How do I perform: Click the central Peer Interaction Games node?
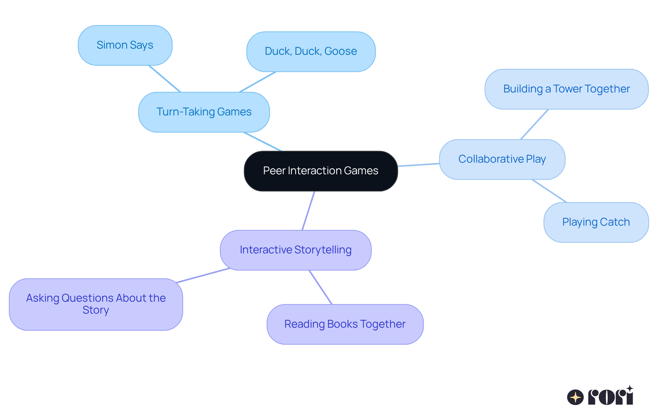point(320,171)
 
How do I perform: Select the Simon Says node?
point(125,45)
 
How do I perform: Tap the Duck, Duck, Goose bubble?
point(310,51)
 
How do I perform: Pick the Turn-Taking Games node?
point(204,112)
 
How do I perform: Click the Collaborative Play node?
point(502,159)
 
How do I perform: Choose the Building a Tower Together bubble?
point(566,89)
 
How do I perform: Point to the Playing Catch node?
point(596,222)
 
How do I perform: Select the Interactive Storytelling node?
point(295,250)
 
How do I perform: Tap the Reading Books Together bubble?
point(345,324)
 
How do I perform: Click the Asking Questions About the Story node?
point(96,304)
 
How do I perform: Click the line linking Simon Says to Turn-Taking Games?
point(164,79)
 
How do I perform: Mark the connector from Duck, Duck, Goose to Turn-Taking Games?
point(257,82)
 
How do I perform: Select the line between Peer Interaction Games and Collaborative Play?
point(418,165)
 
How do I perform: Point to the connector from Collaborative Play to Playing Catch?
point(549,191)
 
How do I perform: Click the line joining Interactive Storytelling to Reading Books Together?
point(320,287)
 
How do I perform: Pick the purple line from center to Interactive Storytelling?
point(308,210)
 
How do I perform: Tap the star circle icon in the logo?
point(575,397)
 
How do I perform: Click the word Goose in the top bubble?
point(340,51)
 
